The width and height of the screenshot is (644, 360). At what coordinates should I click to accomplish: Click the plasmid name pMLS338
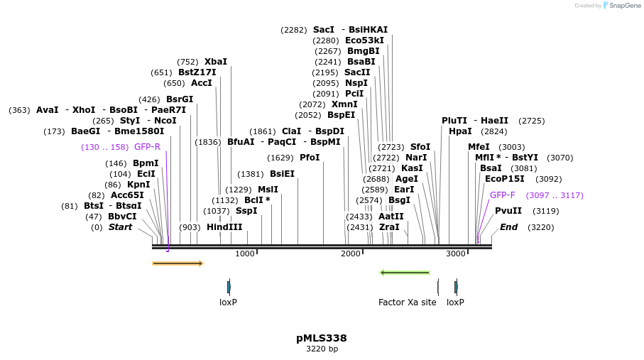[x=322, y=338]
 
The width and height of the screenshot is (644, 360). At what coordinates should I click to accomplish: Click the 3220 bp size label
[x=322, y=349]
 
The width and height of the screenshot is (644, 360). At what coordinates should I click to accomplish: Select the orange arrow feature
[x=178, y=263]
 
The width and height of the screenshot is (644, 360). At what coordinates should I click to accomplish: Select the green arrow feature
[x=405, y=272]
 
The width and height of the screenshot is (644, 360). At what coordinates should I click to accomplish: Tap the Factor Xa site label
[x=407, y=302]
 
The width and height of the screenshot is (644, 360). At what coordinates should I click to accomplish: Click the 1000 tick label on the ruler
[x=244, y=253]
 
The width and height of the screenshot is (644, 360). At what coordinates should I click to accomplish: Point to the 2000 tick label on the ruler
[x=351, y=253]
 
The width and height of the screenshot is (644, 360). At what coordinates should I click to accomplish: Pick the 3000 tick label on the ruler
[x=455, y=253]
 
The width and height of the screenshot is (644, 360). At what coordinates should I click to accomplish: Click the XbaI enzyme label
[x=216, y=62]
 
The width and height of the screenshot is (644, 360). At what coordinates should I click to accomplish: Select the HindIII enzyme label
[x=224, y=227]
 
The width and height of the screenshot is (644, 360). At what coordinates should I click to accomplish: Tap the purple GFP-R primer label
[x=147, y=147]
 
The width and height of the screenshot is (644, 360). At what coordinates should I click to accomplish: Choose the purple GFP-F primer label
[x=503, y=195]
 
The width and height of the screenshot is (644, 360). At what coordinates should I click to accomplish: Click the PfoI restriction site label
[x=310, y=158]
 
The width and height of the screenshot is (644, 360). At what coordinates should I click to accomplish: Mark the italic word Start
[x=120, y=227]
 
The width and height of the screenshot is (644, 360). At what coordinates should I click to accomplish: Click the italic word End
[x=508, y=227]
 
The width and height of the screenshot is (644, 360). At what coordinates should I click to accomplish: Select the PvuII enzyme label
[x=508, y=211]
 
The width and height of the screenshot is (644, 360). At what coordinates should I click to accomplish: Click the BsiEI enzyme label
[x=282, y=173]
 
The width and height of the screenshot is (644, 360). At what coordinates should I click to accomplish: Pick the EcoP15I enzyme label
[x=504, y=179]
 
